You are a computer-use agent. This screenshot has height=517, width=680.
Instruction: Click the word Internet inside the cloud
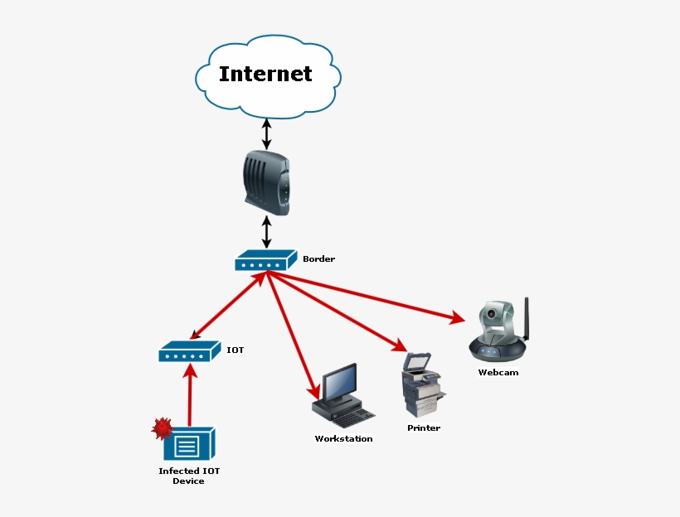pos(265,74)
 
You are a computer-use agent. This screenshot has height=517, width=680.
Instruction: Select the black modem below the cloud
pos(267,181)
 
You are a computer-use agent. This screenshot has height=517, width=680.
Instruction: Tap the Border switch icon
pos(265,261)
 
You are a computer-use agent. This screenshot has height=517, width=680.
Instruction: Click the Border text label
pos(318,259)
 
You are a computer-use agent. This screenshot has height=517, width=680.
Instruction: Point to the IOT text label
pos(236,350)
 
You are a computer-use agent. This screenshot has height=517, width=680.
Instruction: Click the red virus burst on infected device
pos(162,428)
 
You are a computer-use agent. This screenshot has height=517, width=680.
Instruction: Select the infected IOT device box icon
pos(190,445)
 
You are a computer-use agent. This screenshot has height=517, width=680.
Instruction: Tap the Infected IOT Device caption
pos(189,476)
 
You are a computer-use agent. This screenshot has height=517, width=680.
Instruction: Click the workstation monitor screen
pos(340,383)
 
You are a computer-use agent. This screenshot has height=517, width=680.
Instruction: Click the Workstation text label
pos(343,438)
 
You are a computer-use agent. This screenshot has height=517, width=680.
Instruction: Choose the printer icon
pos(422,384)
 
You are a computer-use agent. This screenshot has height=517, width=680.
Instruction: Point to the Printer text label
pos(423,428)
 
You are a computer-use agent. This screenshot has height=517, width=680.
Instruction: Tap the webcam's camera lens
pos(493,315)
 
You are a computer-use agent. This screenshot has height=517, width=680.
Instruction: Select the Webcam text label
pos(498,372)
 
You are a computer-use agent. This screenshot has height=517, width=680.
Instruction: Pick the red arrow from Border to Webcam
pos(365,297)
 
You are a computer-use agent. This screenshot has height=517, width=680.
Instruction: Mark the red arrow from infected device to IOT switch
pos(190,398)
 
